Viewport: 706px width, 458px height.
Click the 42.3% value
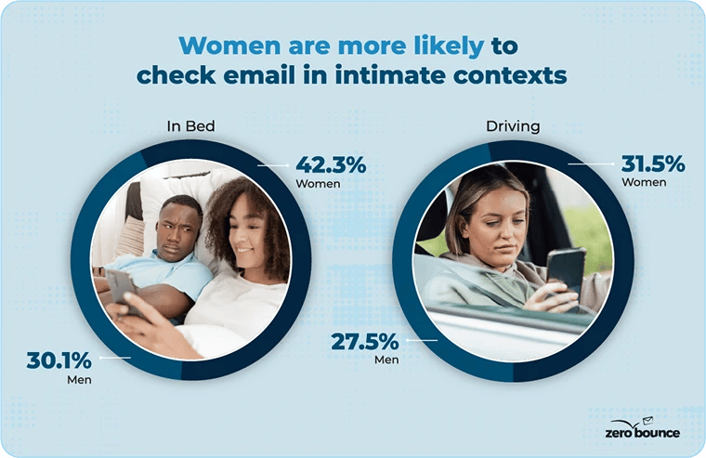pos(331,164)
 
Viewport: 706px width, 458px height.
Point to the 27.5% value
pos(365,342)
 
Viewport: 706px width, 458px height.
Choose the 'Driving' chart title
pos(513,125)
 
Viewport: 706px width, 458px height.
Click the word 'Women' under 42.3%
pos(319,184)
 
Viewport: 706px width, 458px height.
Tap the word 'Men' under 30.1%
pos(79,380)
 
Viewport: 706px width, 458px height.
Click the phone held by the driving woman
pos(565,268)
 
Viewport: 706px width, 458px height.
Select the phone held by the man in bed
pos(121,287)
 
